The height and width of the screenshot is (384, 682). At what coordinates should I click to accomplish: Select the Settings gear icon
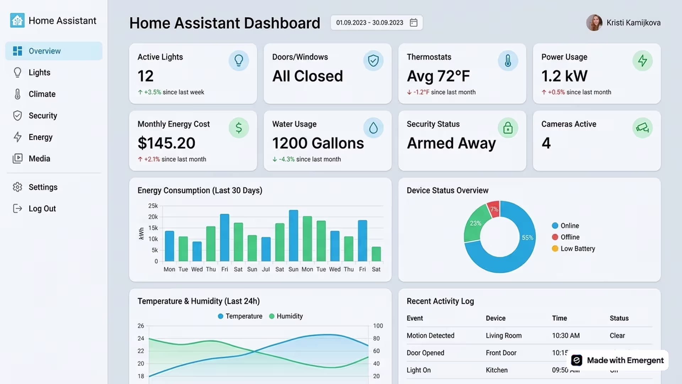[x=17, y=187]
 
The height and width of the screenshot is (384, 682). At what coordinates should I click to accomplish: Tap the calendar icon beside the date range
[x=413, y=22]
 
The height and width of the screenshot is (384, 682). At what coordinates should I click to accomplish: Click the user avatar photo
[x=594, y=22]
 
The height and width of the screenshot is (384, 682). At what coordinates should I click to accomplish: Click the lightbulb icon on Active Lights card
[x=239, y=60]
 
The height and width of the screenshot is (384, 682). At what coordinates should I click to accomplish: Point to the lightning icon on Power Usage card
[x=642, y=60]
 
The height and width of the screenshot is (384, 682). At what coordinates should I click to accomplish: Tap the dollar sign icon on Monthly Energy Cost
[x=239, y=128]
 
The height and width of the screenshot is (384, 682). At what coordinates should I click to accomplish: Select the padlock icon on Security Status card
[x=508, y=128]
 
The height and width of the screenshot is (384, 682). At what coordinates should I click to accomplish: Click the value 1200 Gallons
[x=318, y=143]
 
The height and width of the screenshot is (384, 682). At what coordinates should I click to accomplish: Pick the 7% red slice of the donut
[x=494, y=208]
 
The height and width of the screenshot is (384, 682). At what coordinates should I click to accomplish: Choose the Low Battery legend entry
[x=573, y=249]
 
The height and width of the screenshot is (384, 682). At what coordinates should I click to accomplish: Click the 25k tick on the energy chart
[x=153, y=206]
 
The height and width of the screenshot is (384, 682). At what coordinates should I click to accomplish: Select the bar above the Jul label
[x=266, y=249]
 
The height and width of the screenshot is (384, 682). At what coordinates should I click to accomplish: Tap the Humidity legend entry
[x=286, y=316]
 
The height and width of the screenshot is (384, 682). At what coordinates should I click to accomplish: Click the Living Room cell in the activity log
[x=504, y=335]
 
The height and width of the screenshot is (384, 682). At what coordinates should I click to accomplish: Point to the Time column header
[x=559, y=318]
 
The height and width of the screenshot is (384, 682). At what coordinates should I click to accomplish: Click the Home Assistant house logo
[x=17, y=20]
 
